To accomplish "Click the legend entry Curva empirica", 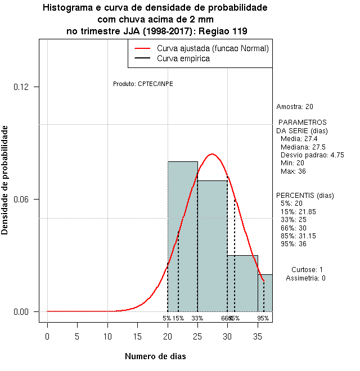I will pyautogui.click(x=183, y=58).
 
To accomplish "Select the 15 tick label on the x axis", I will pyautogui.click(x=137, y=337).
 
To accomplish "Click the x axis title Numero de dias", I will pyautogui.click(x=155, y=356).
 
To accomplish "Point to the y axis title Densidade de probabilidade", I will pyautogui.click(x=5, y=180).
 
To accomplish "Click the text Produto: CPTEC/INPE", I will pyautogui.click(x=143, y=84).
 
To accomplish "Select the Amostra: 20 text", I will pyautogui.click(x=295, y=107).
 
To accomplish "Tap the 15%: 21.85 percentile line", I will pyautogui.click(x=298, y=211).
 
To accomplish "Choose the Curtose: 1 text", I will pyautogui.click(x=307, y=270).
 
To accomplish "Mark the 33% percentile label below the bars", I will pyautogui.click(x=197, y=318).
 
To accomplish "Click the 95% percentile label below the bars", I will pyautogui.click(x=263, y=318).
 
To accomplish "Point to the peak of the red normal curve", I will pyautogui.click(x=212, y=154).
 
